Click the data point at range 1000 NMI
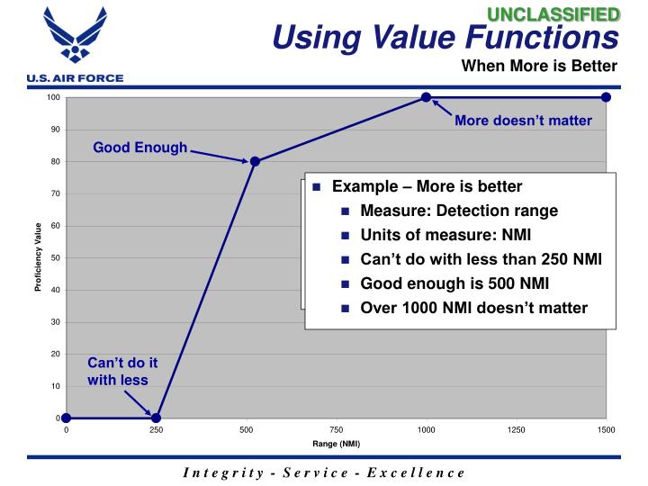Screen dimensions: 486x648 [x=426, y=97]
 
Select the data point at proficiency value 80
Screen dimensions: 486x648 [x=255, y=162]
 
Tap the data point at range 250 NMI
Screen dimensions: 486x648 [x=156, y=418]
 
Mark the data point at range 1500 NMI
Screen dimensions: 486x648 [x=606, y=97]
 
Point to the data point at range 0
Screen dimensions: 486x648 [x=66, y=418]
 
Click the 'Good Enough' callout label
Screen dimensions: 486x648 [x=140, y=148]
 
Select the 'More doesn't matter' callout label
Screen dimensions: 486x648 [x=523, y=121]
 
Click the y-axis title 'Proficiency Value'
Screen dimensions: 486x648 [x=40, y=257]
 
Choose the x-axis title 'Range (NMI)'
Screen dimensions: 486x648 [x=336, y=444]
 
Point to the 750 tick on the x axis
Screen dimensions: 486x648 [x=336, y=430]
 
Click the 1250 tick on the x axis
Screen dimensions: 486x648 [x=516, y=430]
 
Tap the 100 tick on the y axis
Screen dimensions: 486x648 [x=53, y=97]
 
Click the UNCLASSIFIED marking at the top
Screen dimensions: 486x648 [x=564, y=13]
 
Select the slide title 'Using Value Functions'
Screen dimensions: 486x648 [x=445, y=38]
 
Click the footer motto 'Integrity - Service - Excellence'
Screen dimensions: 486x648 [x=325, y=472]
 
